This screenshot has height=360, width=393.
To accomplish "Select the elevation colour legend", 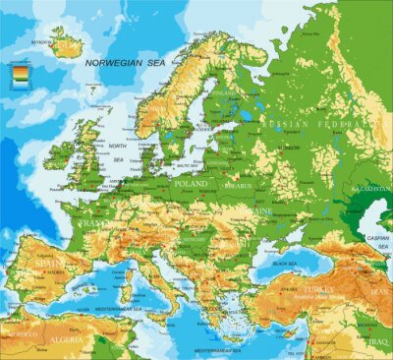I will [x=20, y=73].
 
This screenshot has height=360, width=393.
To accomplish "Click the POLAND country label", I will [x=192, y=183].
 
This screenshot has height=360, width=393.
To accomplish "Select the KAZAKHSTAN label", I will [x=372, y=184].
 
